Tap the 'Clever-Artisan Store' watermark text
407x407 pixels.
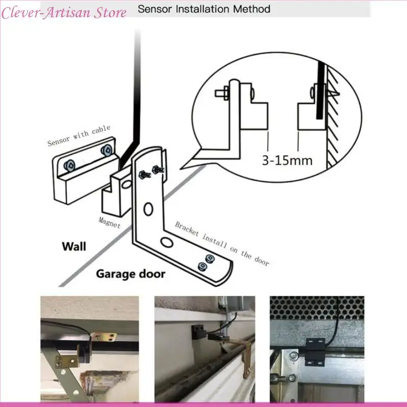coord(64,13)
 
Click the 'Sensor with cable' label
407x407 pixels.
coord(78,136)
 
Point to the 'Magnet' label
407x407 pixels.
coord(109,222)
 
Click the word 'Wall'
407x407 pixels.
coord(74,247)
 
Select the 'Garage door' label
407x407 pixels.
coord(131,274)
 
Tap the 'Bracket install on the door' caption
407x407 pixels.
coord(222,244)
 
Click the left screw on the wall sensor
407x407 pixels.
coord(70,164)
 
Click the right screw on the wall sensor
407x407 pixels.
coord(106,150)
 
